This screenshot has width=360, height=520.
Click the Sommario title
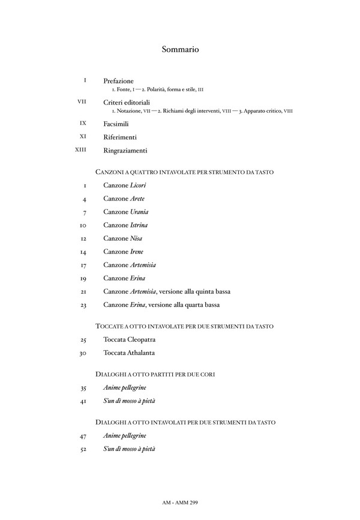point(180,50)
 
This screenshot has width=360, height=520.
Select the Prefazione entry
point(118,80)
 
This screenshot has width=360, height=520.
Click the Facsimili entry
point(116,123)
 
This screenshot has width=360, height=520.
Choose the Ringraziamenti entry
point(125,150)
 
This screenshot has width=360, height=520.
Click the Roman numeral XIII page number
point(80,150)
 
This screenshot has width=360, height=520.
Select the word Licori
point(138,186)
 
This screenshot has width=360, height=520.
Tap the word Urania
point(139,212)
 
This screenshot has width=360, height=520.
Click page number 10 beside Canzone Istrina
point(83,226)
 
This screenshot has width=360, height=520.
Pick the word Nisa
point(136,238)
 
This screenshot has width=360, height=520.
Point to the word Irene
point(137,252)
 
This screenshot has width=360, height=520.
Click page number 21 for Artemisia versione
point(83,292)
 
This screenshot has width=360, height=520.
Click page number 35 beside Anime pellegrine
point(83,388)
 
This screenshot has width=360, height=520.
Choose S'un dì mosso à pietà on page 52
point(129,449)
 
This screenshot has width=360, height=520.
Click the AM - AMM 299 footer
point(180,501)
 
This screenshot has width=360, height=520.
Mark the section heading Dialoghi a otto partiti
point(155,374)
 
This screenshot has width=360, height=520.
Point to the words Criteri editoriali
point(126,103)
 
